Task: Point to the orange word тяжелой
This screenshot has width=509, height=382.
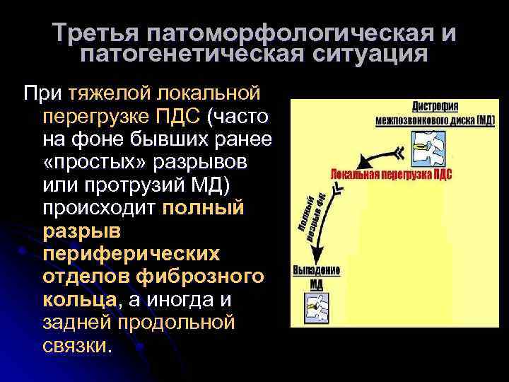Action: (x=105, y=93)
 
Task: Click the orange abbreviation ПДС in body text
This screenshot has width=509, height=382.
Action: (x=185, y=115)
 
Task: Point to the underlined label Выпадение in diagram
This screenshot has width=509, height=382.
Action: (x=317, y=271)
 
